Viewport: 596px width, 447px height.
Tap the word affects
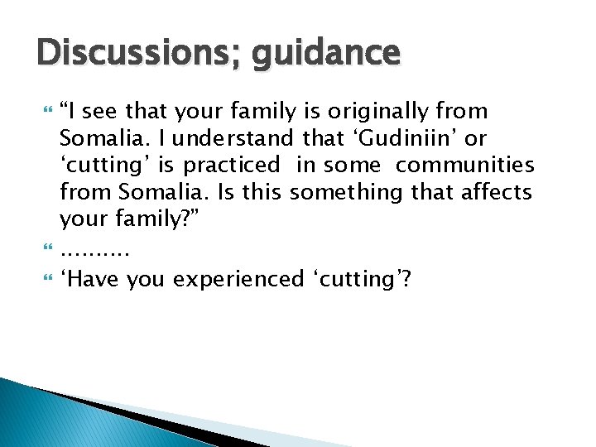[x=497, y=193]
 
